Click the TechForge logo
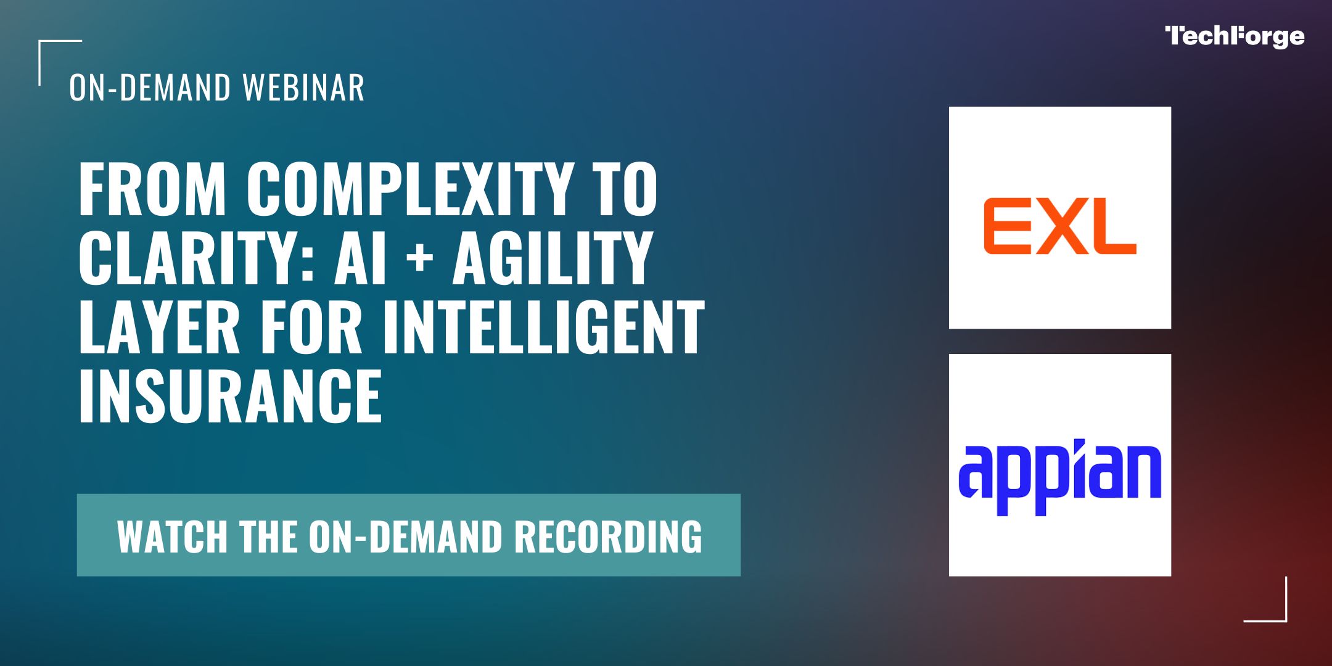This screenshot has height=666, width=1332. click(1235, 37)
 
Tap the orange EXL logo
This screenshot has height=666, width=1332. click(1059, 226)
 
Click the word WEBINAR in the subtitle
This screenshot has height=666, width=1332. click(303, 88)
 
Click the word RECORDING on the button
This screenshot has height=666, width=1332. click(608, 536)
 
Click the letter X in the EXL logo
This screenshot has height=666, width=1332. click(1061, 226)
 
